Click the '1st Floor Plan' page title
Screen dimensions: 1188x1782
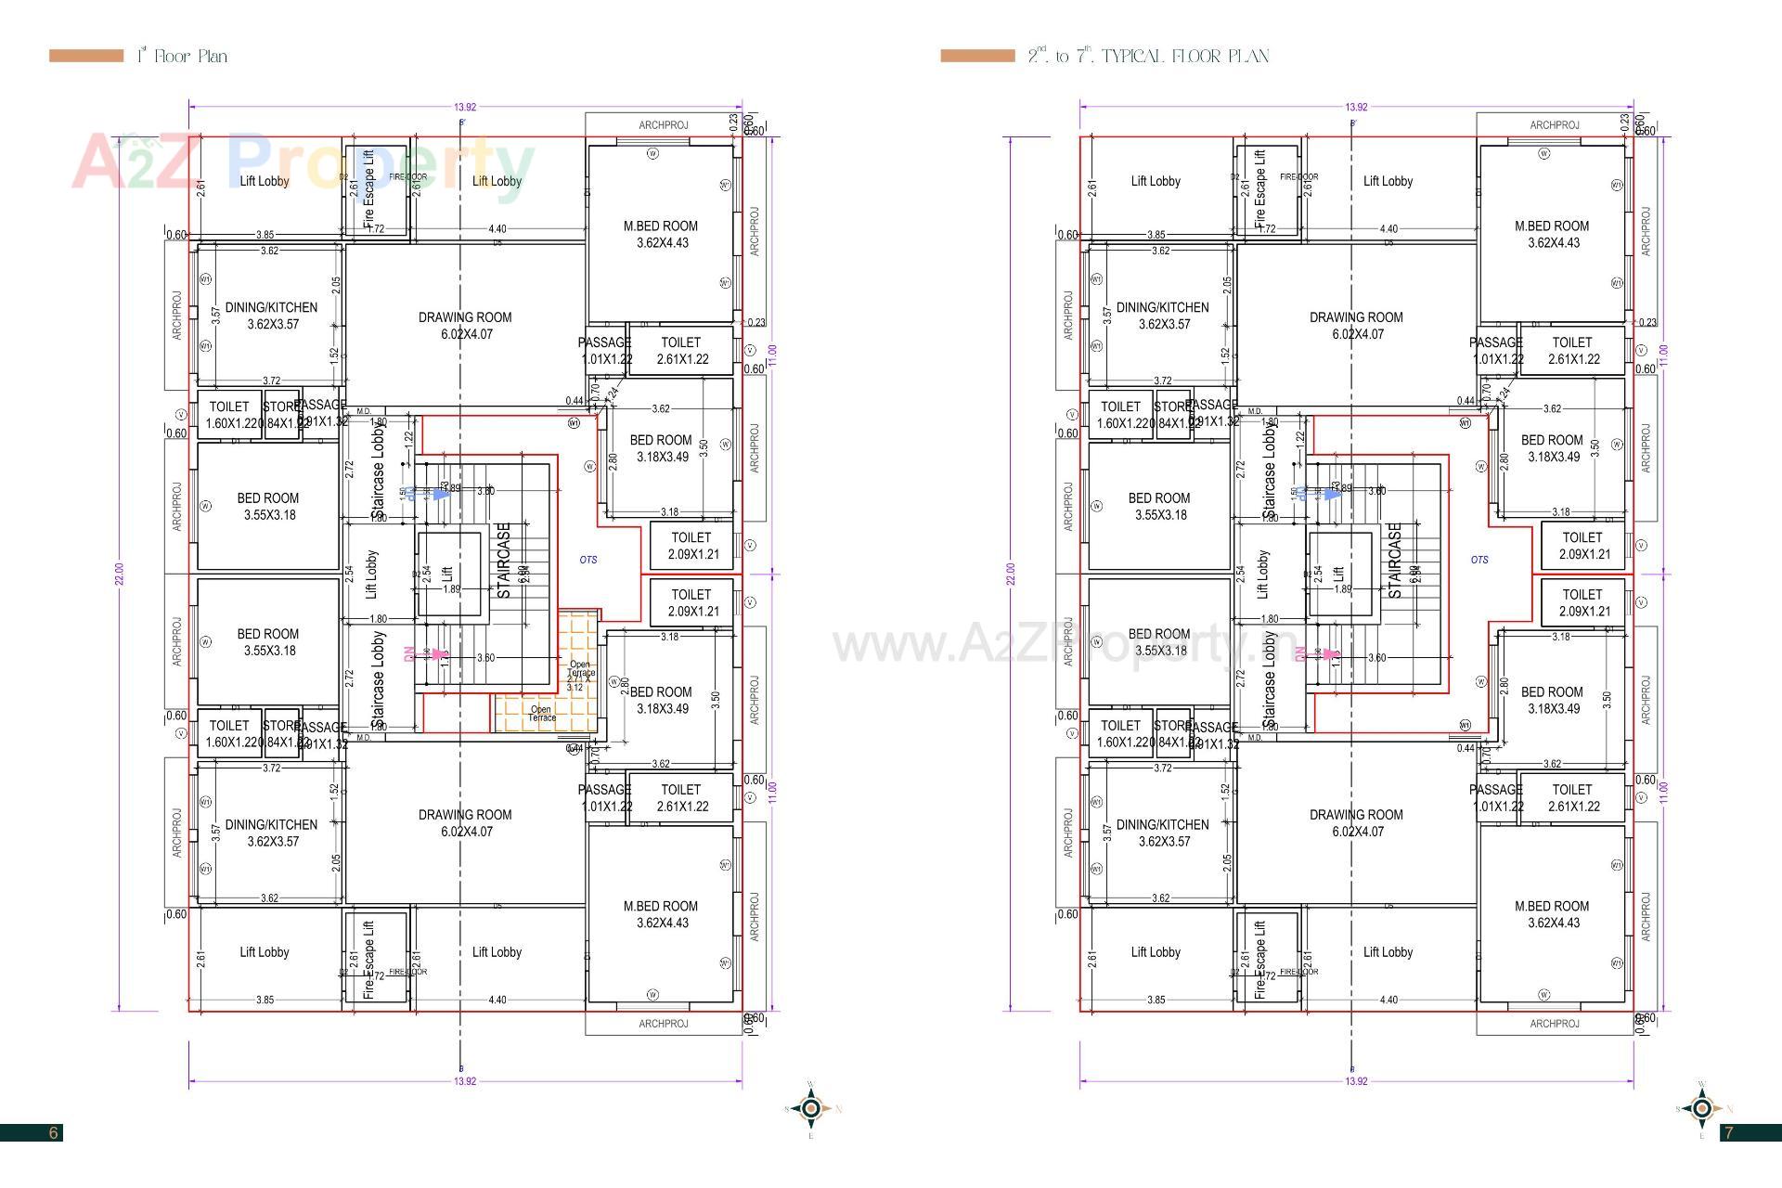point(182,56)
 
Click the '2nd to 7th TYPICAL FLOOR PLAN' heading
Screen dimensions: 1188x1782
point(1148,56)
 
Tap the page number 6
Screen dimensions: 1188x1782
point(54,1132)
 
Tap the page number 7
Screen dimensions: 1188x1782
point(1728,1132)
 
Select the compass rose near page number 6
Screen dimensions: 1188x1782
point(812,1108)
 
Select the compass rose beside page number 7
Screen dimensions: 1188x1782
point(1702,1108)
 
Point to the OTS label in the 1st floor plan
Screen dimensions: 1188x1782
point(588,560)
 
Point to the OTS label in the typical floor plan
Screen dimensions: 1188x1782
point(1479,560)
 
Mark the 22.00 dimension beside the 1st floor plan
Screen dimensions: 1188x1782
point(119,575)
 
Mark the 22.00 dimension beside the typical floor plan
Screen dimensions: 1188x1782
point(1010,575)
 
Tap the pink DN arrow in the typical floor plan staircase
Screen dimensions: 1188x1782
point(1333,654)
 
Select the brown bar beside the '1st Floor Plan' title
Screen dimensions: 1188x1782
point(86,56)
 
